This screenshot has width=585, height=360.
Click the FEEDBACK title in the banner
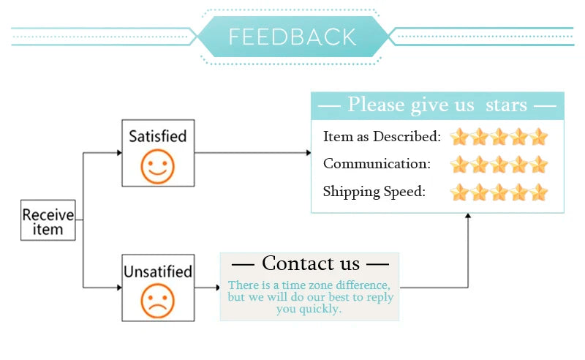click(x=292, y=37)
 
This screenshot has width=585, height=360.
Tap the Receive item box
click(x=48, y=221)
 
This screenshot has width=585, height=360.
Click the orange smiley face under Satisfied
click(x=158, y=165)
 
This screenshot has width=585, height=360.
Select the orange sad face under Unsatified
click(x=158, y=300)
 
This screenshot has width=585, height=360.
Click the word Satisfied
click(x=158, y=136)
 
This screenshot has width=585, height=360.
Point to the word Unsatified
click(x=158, y=272)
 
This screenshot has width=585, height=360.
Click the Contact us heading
click(x=310, y=263)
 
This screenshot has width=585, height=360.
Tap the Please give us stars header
click(x=437, y=105)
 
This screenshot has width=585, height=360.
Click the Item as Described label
click(x=382, y=137)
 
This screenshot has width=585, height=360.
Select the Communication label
click(x=377, y=164)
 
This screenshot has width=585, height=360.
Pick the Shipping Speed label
click(x=374, y=192)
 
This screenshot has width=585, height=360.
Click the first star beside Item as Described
click(x=459, y=137)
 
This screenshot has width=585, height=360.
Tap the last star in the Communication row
click(x=539, y=164)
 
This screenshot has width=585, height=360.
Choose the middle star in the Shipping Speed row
click(x=499, y=192)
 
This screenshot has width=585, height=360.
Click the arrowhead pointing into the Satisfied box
click(x=118, y=153)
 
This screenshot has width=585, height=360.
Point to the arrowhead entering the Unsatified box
click(x=118, y=288)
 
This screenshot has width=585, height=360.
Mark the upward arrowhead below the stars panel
click(x=468, y=217)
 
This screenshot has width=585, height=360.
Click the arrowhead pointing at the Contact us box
click(x=217, y=288)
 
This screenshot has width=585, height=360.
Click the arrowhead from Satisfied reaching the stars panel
click(x=308, y=153)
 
